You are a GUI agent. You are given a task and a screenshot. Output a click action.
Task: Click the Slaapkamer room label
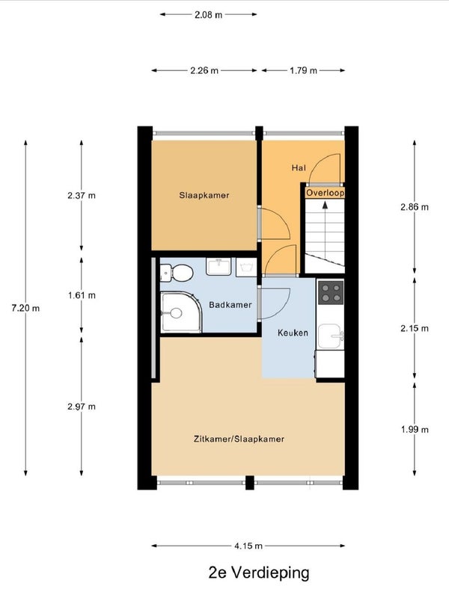204,195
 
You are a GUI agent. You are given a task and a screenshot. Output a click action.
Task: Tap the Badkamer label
230,305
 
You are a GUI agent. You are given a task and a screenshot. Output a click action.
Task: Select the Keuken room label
293,333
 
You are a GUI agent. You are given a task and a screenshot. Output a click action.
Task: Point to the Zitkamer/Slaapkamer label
239,439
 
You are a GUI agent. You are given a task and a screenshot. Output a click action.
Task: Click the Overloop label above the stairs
325,193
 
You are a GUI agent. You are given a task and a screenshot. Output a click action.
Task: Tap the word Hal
299,167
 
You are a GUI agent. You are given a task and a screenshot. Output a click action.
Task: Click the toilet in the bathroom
177,273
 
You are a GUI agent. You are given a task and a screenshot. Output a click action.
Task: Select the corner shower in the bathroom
180,312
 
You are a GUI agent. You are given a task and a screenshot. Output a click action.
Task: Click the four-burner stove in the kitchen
331,292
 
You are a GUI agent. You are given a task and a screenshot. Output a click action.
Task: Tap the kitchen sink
331,336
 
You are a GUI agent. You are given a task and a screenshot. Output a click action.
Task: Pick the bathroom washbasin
219,266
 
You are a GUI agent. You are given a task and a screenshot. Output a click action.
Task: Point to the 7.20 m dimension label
25,308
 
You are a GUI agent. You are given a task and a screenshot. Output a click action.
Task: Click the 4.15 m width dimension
248,546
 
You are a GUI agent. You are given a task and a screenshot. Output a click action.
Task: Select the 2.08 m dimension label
208,15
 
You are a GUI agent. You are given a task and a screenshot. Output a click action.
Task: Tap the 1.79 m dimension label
303,70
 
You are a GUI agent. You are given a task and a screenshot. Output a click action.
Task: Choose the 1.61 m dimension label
82,295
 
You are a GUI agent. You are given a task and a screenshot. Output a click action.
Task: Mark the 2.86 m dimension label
415,207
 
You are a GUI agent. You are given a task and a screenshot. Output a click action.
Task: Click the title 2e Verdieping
259,573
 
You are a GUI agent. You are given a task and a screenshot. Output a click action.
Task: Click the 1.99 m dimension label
415,429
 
